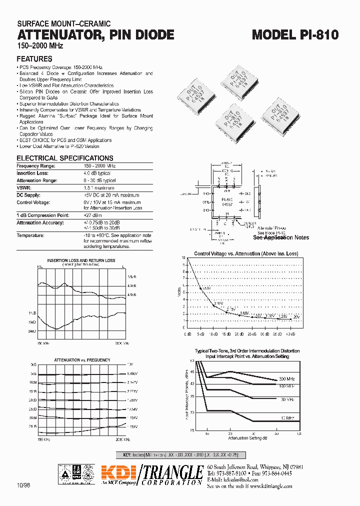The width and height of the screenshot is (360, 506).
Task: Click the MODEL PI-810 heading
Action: [295, 34]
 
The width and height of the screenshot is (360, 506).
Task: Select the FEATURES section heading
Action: [34, 59]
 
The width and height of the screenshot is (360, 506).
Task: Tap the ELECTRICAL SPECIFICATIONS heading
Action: [65, 158]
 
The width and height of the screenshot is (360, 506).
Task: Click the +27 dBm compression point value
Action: [92, 215]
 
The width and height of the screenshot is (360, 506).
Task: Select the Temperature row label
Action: [30, 235]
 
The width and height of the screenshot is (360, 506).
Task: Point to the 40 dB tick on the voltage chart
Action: [290, 333]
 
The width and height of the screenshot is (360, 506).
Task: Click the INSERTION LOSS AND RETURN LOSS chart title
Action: [81, 260]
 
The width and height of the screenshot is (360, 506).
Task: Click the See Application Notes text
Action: [281, 237]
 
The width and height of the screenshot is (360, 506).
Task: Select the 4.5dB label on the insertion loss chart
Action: [131, 295]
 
